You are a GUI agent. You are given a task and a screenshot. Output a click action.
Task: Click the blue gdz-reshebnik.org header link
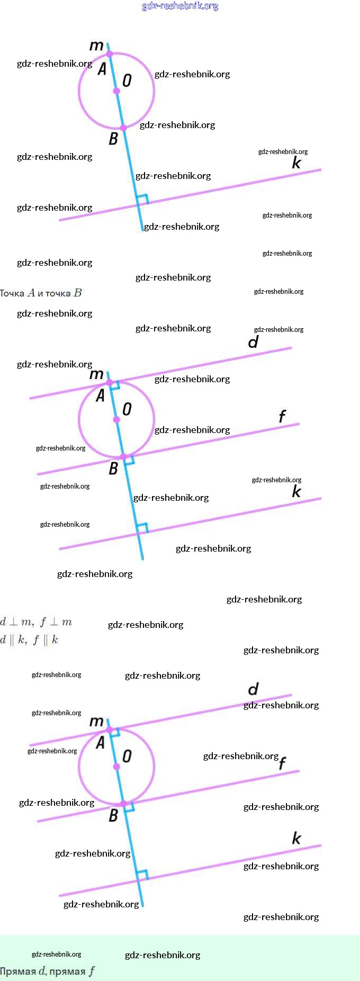click(x=180, y=6)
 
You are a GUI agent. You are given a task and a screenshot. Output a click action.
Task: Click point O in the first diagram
click(x=116, y=91)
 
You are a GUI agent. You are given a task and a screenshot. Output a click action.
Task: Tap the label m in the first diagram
click(x=96, y=46)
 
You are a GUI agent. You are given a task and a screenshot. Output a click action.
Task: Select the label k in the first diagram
click(x=296, y=163)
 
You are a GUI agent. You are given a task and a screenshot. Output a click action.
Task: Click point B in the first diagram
click(x=123, y=128)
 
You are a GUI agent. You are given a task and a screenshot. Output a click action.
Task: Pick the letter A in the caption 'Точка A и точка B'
click(x=32, y=293)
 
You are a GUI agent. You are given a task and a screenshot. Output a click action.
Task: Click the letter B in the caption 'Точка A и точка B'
click(x=78, y=293)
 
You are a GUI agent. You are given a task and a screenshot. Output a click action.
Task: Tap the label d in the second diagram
click(x=254, y=342)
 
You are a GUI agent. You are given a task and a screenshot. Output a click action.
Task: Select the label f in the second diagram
click(x=282, y=417)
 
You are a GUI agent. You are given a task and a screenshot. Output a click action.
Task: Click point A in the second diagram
click(x=110, y=382)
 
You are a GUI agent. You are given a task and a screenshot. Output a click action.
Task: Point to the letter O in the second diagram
click(x=127, y=409)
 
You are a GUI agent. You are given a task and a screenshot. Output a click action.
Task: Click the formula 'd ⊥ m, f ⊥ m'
click(x=36, y=622)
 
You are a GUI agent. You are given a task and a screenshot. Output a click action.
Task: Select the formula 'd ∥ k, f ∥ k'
click(x=29, y=640)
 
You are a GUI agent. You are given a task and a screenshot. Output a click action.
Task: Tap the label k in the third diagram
click(x=296, y=838)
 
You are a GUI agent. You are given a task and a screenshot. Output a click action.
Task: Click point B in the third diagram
click(x=123, y=804)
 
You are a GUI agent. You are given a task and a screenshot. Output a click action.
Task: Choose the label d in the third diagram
click(x=254, y=689)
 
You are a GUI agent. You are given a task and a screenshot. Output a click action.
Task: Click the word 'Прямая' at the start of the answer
click(x=18, y=971)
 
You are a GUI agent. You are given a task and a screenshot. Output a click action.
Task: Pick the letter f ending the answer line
click(x=92, y=971)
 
